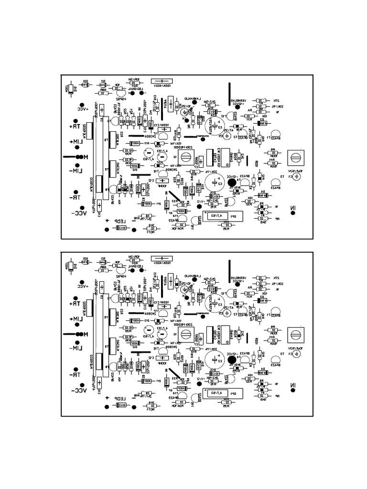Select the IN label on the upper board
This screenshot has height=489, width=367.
292,207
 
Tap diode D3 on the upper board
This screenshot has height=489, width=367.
261,123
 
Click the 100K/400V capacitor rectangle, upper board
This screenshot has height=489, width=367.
162,82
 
